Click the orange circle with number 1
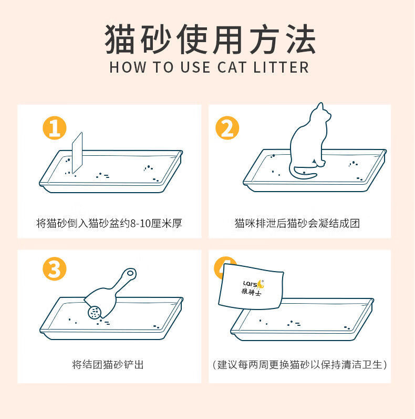click(55, 128)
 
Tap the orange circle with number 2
click(227, 128)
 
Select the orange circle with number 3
click(55, 270)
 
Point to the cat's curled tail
click(305, 173)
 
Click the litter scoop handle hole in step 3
click(130, 274)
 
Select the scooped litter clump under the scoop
click(95, 313)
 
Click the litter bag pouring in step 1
click(77, 153)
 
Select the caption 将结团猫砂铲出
click(108, 364)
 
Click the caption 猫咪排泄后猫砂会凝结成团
click(297, 223)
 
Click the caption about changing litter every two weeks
click(299, 364)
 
